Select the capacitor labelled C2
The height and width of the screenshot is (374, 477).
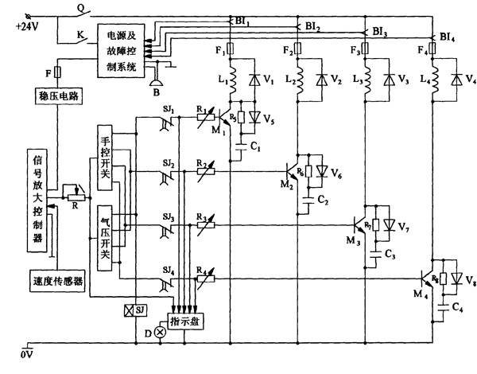pyautogui.click(x=308, y=201)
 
